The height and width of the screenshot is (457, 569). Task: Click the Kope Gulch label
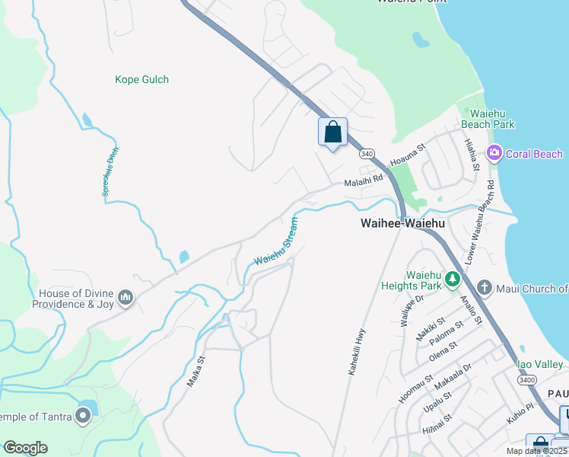(141, 79)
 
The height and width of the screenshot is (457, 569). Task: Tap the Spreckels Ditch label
(107, 172)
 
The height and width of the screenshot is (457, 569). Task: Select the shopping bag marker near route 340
(332, 132)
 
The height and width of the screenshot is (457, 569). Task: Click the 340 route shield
(367, 153)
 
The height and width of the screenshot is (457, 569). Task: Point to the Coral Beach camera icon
(494, 154)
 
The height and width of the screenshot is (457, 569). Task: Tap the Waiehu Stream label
(275, 241)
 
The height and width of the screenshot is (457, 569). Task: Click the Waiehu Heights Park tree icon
(453, 279)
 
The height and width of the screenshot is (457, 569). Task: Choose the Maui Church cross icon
(485, 288)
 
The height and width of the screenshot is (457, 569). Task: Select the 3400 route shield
(526, 379)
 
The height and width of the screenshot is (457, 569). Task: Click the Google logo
(25, 448)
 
